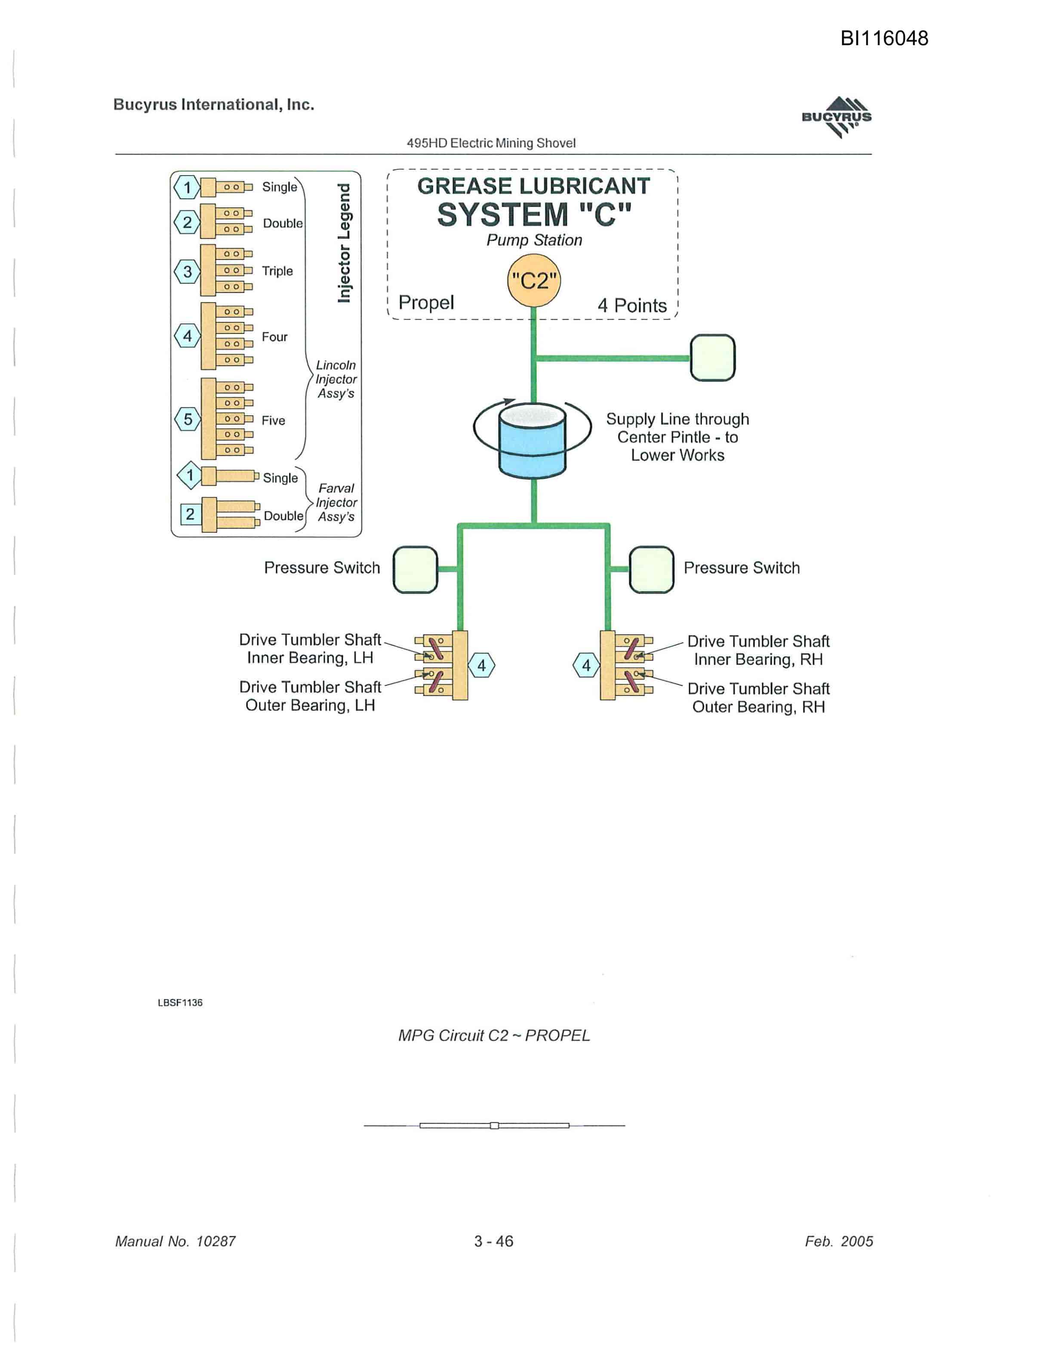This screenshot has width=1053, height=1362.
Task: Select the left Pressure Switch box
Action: coord(415,569)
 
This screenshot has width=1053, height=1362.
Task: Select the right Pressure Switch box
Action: coord(652,569)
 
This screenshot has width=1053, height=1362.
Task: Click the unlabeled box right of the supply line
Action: coord(713,357)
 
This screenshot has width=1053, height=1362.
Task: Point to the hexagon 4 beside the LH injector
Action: coord(481,665)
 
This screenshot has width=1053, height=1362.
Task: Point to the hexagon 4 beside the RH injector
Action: coord(586,665)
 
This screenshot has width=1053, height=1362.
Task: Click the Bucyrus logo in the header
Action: coord(837,117)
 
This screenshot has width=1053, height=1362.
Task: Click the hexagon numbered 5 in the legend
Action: coord(188,419)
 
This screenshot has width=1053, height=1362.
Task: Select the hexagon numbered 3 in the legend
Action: coord(187,271)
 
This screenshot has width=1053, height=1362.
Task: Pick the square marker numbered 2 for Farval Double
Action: coord(190,514)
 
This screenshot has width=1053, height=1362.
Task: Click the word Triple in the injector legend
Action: coord(277,271)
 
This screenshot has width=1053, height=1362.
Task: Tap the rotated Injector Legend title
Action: coord(344,243)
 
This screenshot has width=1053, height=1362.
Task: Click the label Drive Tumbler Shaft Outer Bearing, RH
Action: coord(759,698)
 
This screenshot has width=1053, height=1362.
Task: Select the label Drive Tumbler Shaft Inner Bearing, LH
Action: coord(310,649)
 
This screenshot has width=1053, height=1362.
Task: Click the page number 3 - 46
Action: coord(494,1241)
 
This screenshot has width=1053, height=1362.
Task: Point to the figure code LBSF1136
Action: coord(180,1002)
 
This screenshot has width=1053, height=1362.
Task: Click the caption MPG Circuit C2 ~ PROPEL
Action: coord(494,1035)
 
